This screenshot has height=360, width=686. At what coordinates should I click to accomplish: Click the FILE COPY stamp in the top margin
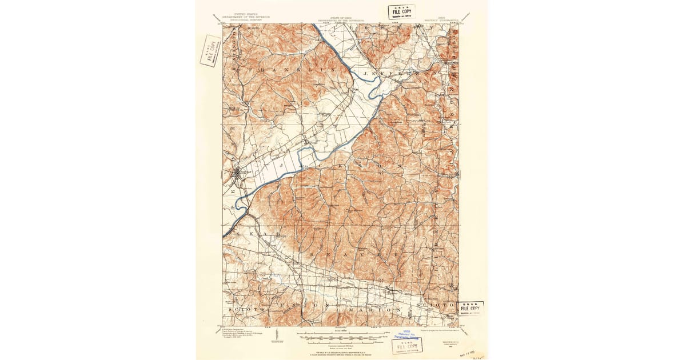[x=401, y=11]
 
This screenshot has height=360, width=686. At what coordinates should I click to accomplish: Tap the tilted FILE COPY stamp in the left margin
[x=210, y=51]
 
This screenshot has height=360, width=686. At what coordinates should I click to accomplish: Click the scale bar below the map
[x=342, y=333]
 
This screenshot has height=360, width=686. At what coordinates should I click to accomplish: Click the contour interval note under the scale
[x=342, y=345]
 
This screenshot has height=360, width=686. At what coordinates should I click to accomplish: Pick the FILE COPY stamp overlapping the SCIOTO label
[x=470, y=309]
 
